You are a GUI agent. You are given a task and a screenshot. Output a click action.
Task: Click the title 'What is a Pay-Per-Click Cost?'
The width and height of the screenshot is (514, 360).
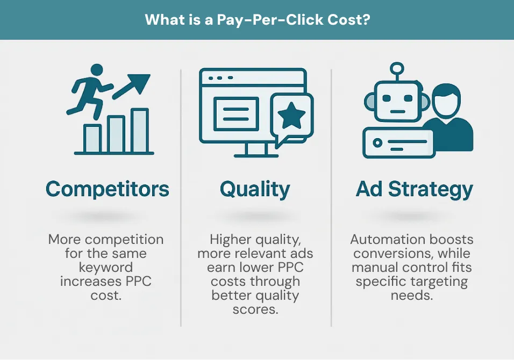coord(258,20)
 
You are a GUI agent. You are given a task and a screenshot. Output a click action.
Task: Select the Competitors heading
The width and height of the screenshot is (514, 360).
coord(107,189)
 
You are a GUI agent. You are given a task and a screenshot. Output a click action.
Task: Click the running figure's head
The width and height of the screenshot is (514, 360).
coord(96,70)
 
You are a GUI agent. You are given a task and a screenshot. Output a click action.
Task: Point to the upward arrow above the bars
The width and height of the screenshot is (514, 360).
coord(131,86)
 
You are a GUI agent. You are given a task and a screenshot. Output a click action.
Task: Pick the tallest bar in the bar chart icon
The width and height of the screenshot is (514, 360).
coord(140,131)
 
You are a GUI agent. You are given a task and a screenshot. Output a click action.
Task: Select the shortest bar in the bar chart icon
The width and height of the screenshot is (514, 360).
coord(92,138)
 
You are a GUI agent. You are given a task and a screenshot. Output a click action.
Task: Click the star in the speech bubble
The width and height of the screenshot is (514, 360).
coord(291,116)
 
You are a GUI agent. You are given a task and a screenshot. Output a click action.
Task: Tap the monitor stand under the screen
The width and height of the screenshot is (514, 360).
coord(256,150)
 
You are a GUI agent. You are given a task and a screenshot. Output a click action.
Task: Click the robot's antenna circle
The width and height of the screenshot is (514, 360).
coord(397,68)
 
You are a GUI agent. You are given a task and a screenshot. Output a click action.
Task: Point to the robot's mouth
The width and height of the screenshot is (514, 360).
coord(398,112)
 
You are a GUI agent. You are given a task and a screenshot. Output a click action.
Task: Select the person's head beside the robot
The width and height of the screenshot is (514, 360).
coord(446,101)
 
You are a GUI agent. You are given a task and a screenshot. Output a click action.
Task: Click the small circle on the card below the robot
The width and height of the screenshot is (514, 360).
coord(377,143)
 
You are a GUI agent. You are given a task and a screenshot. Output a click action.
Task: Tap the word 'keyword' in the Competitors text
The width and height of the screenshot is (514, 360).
coord(106,268)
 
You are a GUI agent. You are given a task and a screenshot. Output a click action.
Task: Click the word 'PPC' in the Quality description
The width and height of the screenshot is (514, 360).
coord(290,267)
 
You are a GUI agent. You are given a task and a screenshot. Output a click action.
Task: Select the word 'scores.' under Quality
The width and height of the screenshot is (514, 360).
coord(255,309)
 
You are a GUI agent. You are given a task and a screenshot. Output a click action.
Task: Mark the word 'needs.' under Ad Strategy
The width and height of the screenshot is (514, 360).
coord(412,296)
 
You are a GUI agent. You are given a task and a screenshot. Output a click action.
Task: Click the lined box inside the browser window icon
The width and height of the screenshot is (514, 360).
coord(236,114)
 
